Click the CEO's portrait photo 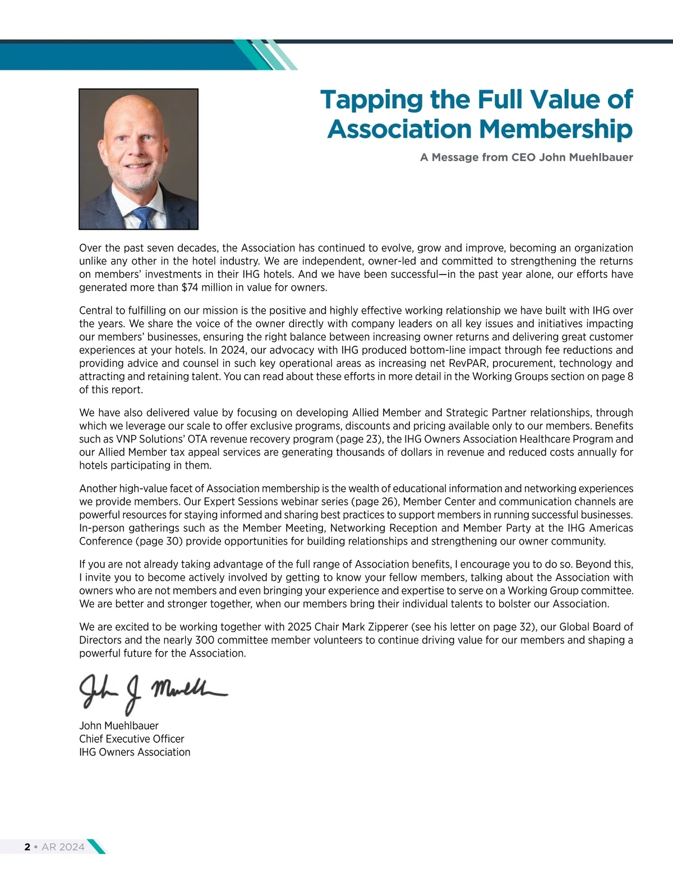pyautogui.click(x=139, y=159)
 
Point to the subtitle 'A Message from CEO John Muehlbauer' pyautogui.click(x=526, y=157)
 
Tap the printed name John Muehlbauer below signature pyautogui.click(x=119, y=725)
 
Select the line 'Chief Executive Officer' pyautogui.click(x=132, y=739)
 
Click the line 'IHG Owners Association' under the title pyautogui.click(x=135, y=752)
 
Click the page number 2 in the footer pyautogui.click(x=27, y=847)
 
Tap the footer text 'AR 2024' pyautogui.click(x=63, y=847)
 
